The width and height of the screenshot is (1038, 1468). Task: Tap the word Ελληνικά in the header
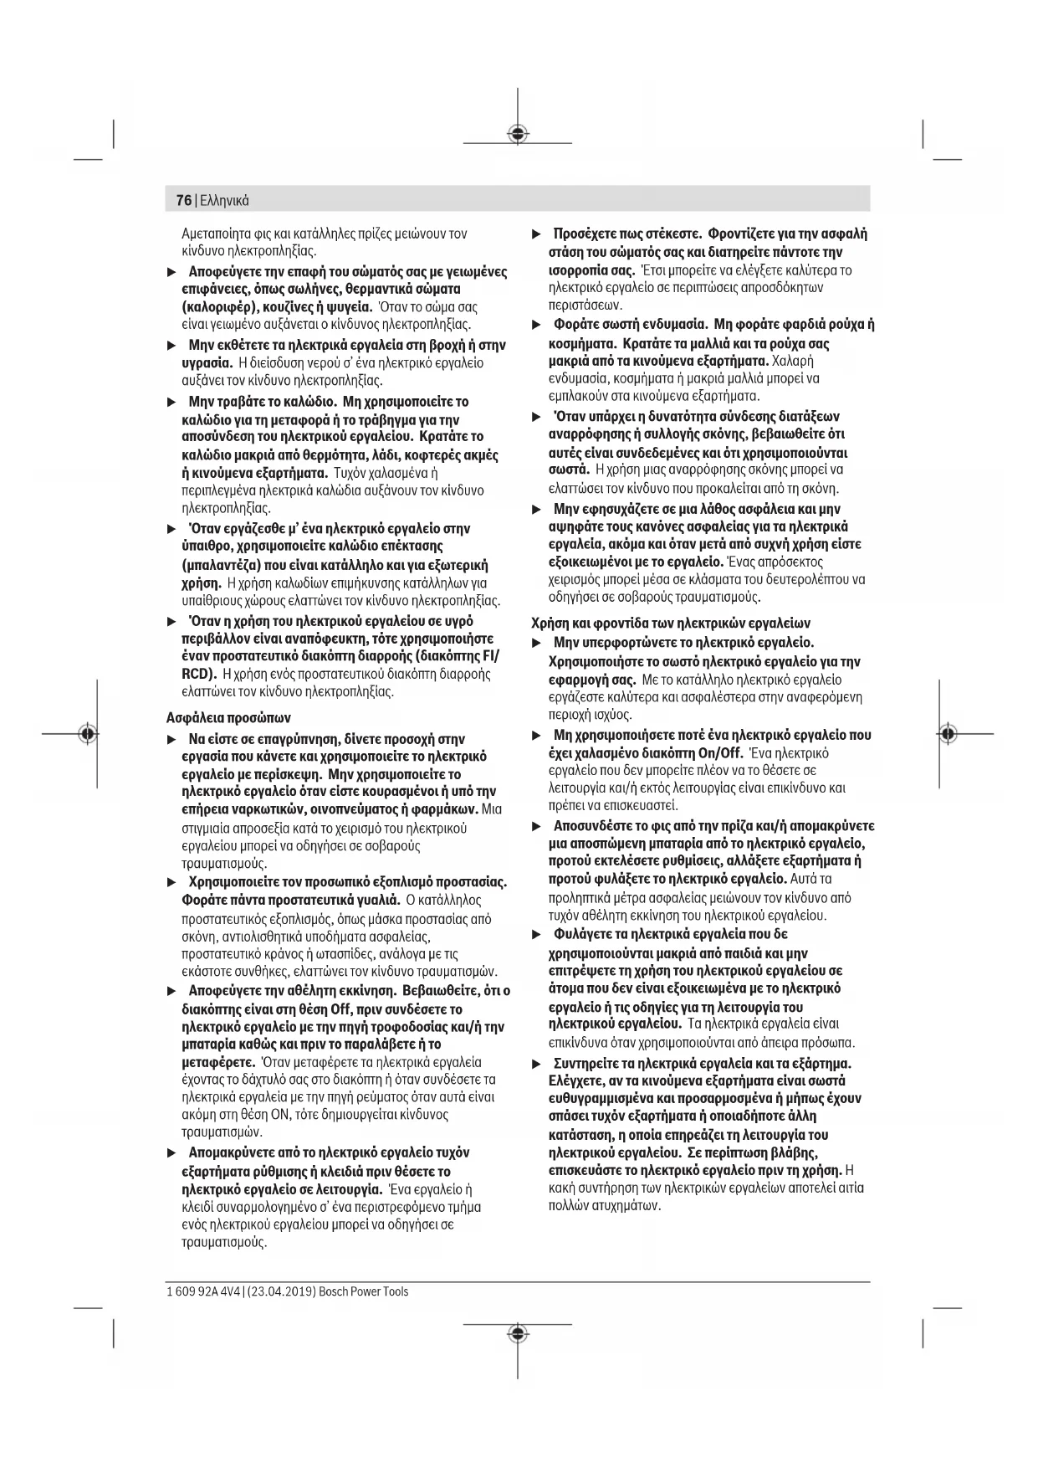(224, 201)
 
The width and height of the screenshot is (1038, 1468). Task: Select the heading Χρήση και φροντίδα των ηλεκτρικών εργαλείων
(671, 624)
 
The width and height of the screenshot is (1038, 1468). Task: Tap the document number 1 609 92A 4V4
(202, 1291)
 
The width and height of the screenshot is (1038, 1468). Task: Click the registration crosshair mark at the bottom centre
(519, 1332)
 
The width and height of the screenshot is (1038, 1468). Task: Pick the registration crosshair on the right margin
(948, 733)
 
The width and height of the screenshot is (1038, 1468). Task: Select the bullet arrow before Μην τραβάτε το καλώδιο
(171, 402)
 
